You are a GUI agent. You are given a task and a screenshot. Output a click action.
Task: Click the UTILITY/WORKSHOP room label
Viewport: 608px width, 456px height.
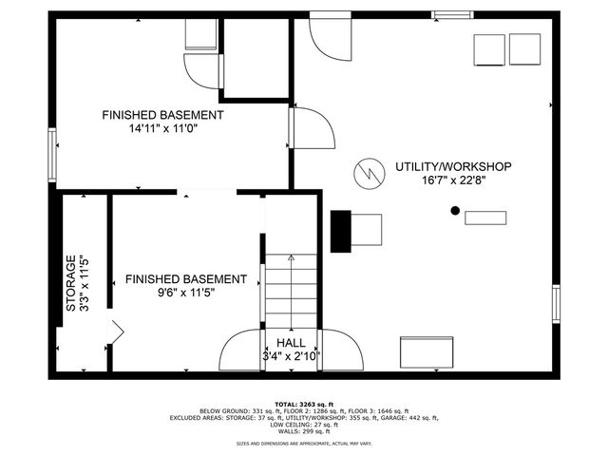(453, 166)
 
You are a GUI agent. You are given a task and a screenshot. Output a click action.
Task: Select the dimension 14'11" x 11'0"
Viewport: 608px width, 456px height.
(162, 129)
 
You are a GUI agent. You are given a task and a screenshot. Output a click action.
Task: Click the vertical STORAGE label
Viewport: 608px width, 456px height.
(70, 283)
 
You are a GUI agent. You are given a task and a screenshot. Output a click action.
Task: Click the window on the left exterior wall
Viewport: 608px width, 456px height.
(52, 154)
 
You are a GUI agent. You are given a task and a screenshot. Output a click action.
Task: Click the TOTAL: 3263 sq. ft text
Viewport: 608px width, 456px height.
(303, 404)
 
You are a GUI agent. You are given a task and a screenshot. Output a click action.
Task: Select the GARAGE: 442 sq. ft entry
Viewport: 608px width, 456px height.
(411, 417)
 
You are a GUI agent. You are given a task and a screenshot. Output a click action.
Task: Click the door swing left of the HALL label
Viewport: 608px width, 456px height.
(240, 351)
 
